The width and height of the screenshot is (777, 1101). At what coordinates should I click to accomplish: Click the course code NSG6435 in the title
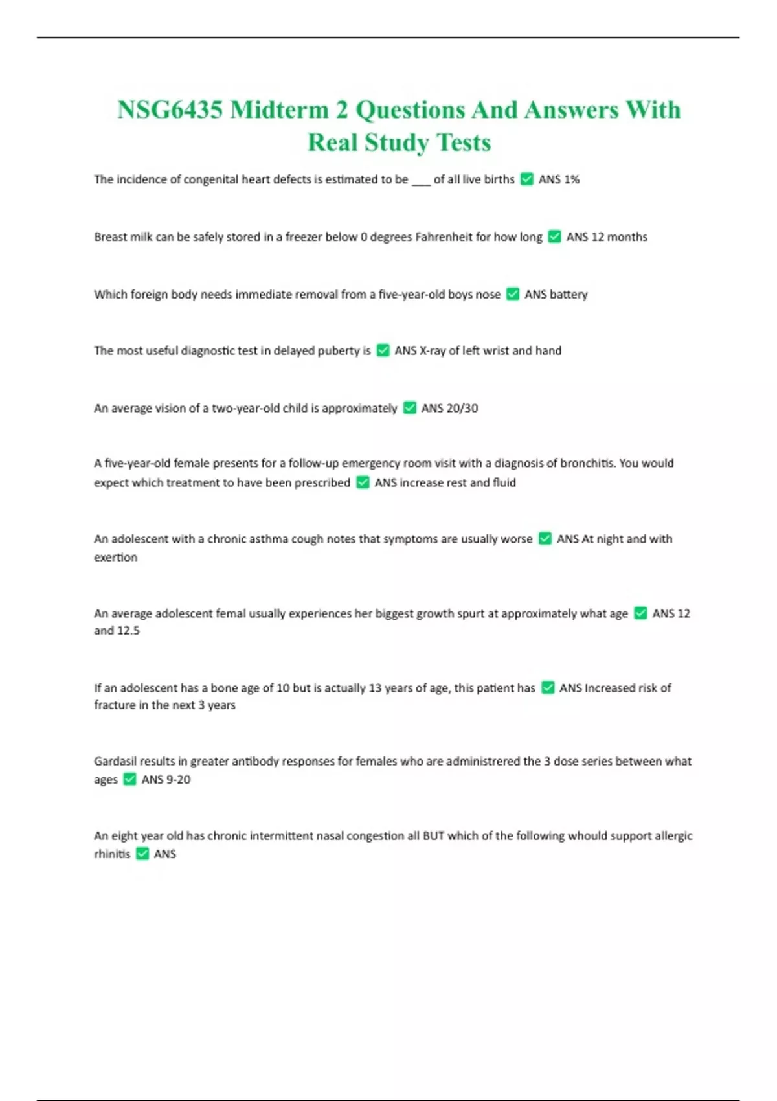[x=170, y=110]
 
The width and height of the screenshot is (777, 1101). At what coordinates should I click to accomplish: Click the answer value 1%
[x=571, y=179]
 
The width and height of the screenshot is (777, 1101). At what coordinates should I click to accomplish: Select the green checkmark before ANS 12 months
[x=554, y=237]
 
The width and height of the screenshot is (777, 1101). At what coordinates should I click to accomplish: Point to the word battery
[x=569, y=295]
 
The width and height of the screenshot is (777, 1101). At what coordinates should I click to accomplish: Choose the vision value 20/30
[x=462, y=408]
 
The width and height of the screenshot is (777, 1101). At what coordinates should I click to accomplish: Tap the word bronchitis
[x=638, y=463]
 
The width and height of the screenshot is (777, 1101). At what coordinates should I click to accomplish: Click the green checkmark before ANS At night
[x=545, y=539]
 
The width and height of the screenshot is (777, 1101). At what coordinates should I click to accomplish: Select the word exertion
[x=115, y=557]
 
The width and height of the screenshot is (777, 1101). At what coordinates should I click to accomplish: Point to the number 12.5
[x=128, y=631]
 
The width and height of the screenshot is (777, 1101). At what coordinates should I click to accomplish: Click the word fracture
[x=114, y=705]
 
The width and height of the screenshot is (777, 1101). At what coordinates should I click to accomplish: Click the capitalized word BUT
[x=433, y=836]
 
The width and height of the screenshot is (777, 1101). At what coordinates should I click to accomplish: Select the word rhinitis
[x=112, y=854]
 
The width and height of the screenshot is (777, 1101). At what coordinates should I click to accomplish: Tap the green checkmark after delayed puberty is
[x=383, y=351]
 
